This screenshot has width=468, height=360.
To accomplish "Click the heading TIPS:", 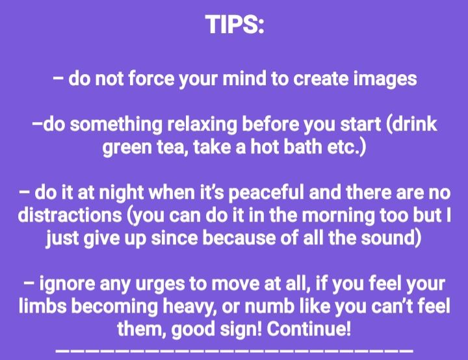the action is point(235,25).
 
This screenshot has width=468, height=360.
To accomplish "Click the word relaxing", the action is point(201,125).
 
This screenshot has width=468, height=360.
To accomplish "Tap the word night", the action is point(121,193).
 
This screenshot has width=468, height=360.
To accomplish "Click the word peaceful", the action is point(266,193).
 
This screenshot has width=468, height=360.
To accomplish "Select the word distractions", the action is point(70,215).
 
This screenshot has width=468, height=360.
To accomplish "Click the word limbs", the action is point(43,306).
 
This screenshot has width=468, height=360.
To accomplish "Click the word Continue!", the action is point(309,329).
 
